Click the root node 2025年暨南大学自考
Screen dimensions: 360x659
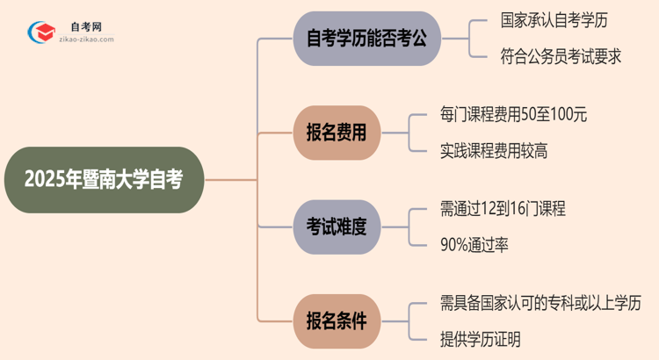[x=104, y=180]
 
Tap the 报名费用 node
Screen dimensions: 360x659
[x=337, y=133]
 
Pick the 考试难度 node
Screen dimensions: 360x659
[x=337, y=226]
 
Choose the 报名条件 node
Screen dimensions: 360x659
[x=337, y=320]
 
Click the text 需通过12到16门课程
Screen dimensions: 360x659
[x=503, y=209]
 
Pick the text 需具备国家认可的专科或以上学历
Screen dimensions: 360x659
[x=540, y=303]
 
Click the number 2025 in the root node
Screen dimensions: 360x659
[x=43, y=180]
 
